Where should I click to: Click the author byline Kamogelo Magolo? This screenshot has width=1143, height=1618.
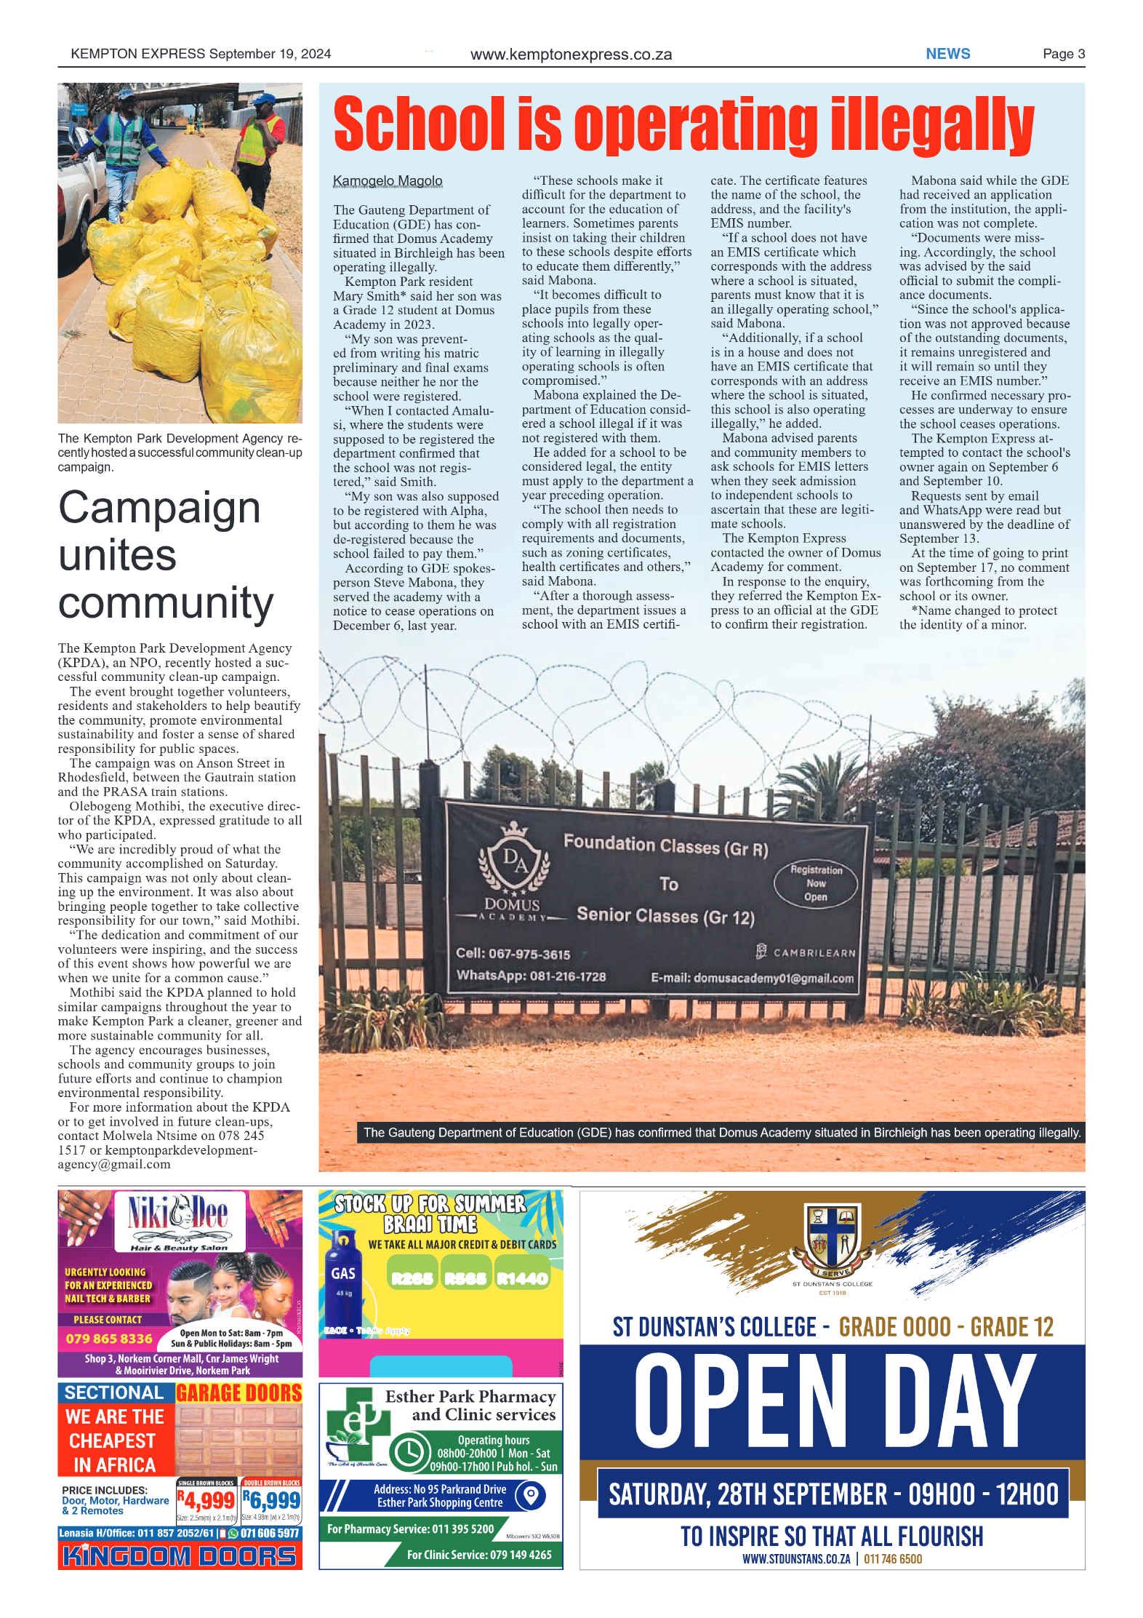pyautogui.click(x=387, y=180)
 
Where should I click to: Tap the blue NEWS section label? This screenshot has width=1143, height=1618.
pyautogui.click(x=947, y=54)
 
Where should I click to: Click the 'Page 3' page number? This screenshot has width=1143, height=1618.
pyautogui.click(x=1063, y=54)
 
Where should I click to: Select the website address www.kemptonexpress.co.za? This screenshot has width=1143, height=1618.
pyautogui.click(x=571, y=55)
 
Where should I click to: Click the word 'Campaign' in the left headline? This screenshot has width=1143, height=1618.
pyautogui.click(x=159, y=507)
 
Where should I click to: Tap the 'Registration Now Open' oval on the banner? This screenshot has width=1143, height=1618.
pyautogui.click(x=815, y=883)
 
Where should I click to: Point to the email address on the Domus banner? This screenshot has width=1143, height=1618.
pyautogui.click(x=752, y=978)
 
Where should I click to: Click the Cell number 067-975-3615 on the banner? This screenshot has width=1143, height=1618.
pyautogui.click(x=513, y=954)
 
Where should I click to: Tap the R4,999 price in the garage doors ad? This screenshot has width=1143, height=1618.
pyautogui.click(x=206, y=1501)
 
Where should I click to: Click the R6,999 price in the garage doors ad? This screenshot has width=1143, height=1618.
pyautogui.click(x=271, y=1500)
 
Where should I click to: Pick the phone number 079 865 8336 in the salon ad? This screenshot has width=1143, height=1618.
pyautogui.click(x=109, y=1339)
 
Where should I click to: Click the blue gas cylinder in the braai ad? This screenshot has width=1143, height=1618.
pyautogui.click(x=342, y=1280)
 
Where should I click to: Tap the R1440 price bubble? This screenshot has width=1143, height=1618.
pyautogui.click(x=521, y=1278)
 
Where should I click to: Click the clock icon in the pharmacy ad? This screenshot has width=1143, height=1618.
pyautogui.click(x=409, y=1452)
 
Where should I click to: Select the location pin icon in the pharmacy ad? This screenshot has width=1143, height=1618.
pyautogui.click(x=531, y=1496)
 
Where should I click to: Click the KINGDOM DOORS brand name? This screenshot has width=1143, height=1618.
pyautogui.click(x=180, y=1556)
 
